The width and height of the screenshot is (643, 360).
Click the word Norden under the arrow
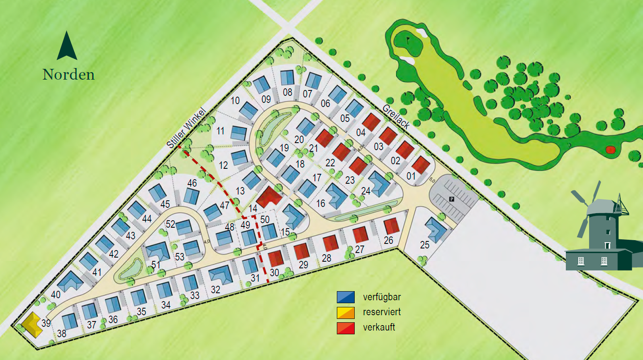click(x=68, y=75)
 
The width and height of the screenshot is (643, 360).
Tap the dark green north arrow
click(x=67, y=46)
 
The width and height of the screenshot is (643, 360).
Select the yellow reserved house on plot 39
click(x=32, y=324)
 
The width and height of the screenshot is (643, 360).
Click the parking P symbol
click(x=452, y=199)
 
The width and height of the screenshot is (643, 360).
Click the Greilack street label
click(x=396, y=116)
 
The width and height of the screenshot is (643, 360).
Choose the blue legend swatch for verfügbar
click(x=346, y=297)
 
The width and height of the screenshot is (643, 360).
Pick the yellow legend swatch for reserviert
click(x=346, y=312)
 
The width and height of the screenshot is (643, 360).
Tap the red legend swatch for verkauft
click(x=346, y=328)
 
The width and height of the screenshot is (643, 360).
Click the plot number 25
click(x=424, y=245)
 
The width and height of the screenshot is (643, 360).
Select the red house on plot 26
click(x=391, y=226)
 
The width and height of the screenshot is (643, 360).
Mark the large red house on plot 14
click(x=269, y=197)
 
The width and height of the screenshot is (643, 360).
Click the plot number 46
click(x=192, y=183)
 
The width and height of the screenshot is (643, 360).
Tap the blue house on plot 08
click(x=287, y=78)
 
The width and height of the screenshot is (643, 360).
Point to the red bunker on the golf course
click(x=610, y=150)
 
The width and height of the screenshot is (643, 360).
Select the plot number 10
click(x=235, y=100)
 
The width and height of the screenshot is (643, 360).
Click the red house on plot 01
click(x=421, y=165)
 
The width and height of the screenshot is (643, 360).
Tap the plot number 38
click(x=61, y=334)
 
